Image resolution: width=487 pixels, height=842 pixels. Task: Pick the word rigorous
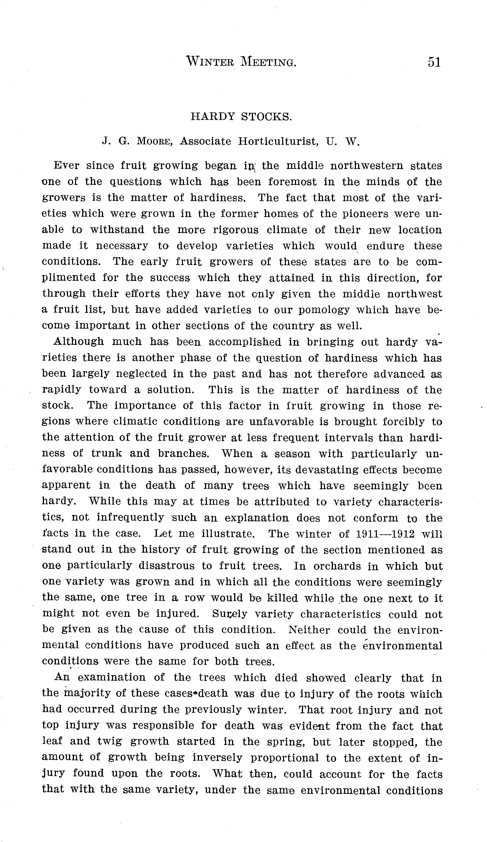point(236,230)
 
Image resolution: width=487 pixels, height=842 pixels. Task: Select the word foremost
point(292,182)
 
